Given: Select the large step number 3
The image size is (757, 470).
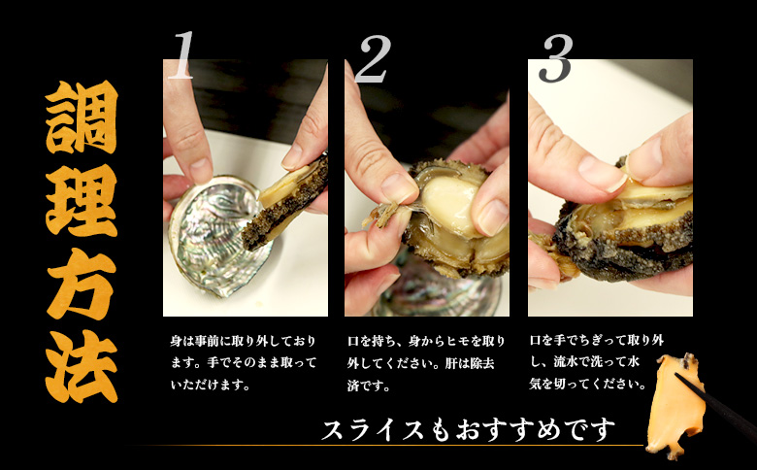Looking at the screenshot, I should [x=554, y=58].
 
